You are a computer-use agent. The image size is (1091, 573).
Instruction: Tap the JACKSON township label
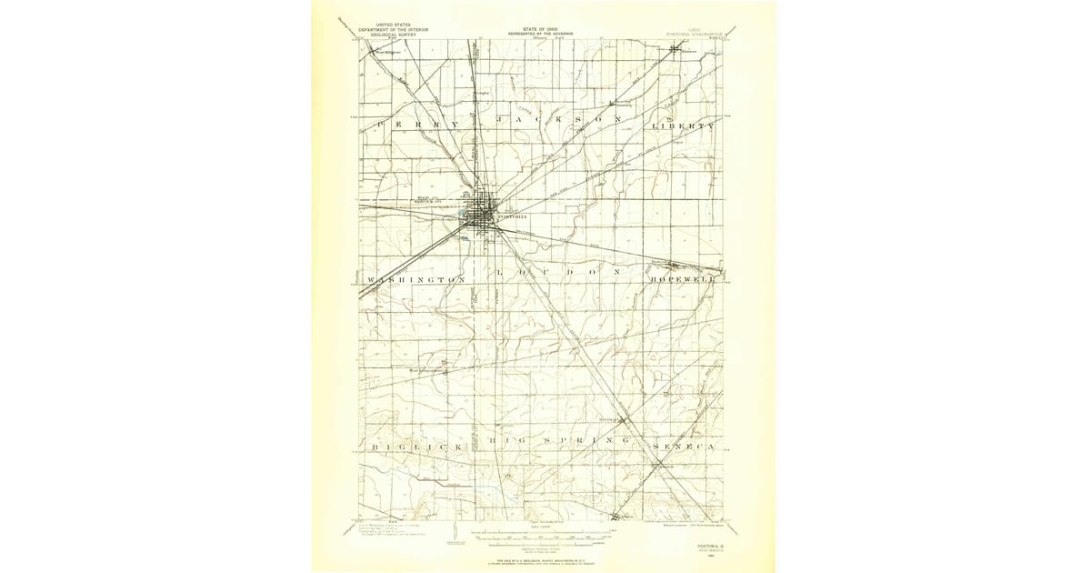(560, 121)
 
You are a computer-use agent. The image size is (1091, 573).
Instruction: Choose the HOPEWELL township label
(683, 280)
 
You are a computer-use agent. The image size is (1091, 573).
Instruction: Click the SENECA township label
(685, 448)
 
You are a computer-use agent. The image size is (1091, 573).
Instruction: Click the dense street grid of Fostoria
(482, 211)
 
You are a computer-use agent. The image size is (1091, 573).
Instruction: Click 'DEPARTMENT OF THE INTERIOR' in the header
(393, 29)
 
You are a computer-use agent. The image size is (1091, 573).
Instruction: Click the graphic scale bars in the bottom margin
(544, 537)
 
